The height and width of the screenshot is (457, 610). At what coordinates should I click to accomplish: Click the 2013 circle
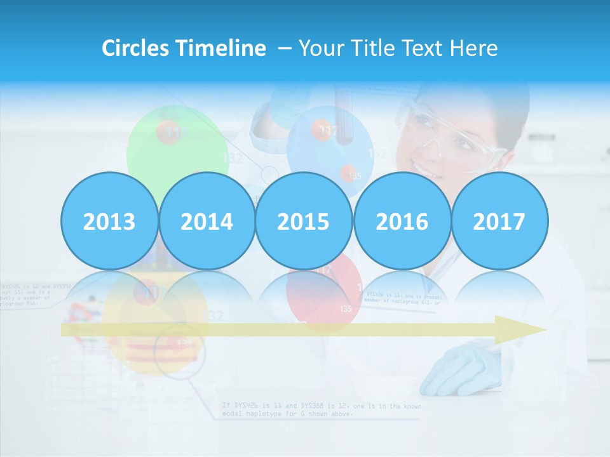pos(109,221)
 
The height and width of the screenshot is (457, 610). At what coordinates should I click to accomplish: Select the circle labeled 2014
pos(207,221)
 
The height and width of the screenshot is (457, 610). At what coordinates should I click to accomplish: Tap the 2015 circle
pos(304,221)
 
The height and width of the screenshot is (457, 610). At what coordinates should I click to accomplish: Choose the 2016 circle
pos(402,221)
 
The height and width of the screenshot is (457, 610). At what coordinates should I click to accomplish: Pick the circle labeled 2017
pos(499,221)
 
